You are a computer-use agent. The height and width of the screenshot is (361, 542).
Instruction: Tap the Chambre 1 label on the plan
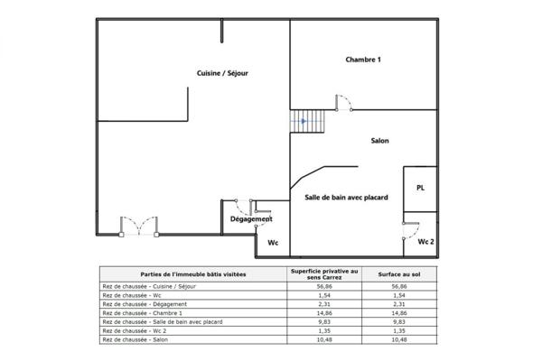pyautogui.click(x=364, y=60)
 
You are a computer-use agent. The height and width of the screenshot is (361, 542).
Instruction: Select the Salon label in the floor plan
pyautogui.click(x=380, y=141)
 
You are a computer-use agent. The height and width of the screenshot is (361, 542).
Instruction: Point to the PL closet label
pyautogui.click(x=420, y=188)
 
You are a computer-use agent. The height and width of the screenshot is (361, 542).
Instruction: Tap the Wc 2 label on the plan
pyautogui.click(x=426, y=242)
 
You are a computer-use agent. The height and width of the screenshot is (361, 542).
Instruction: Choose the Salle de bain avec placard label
pyautogui.click(x=340, y=197)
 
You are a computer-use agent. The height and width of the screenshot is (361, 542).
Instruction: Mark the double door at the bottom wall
pyautogui.click(x=139, y=225)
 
